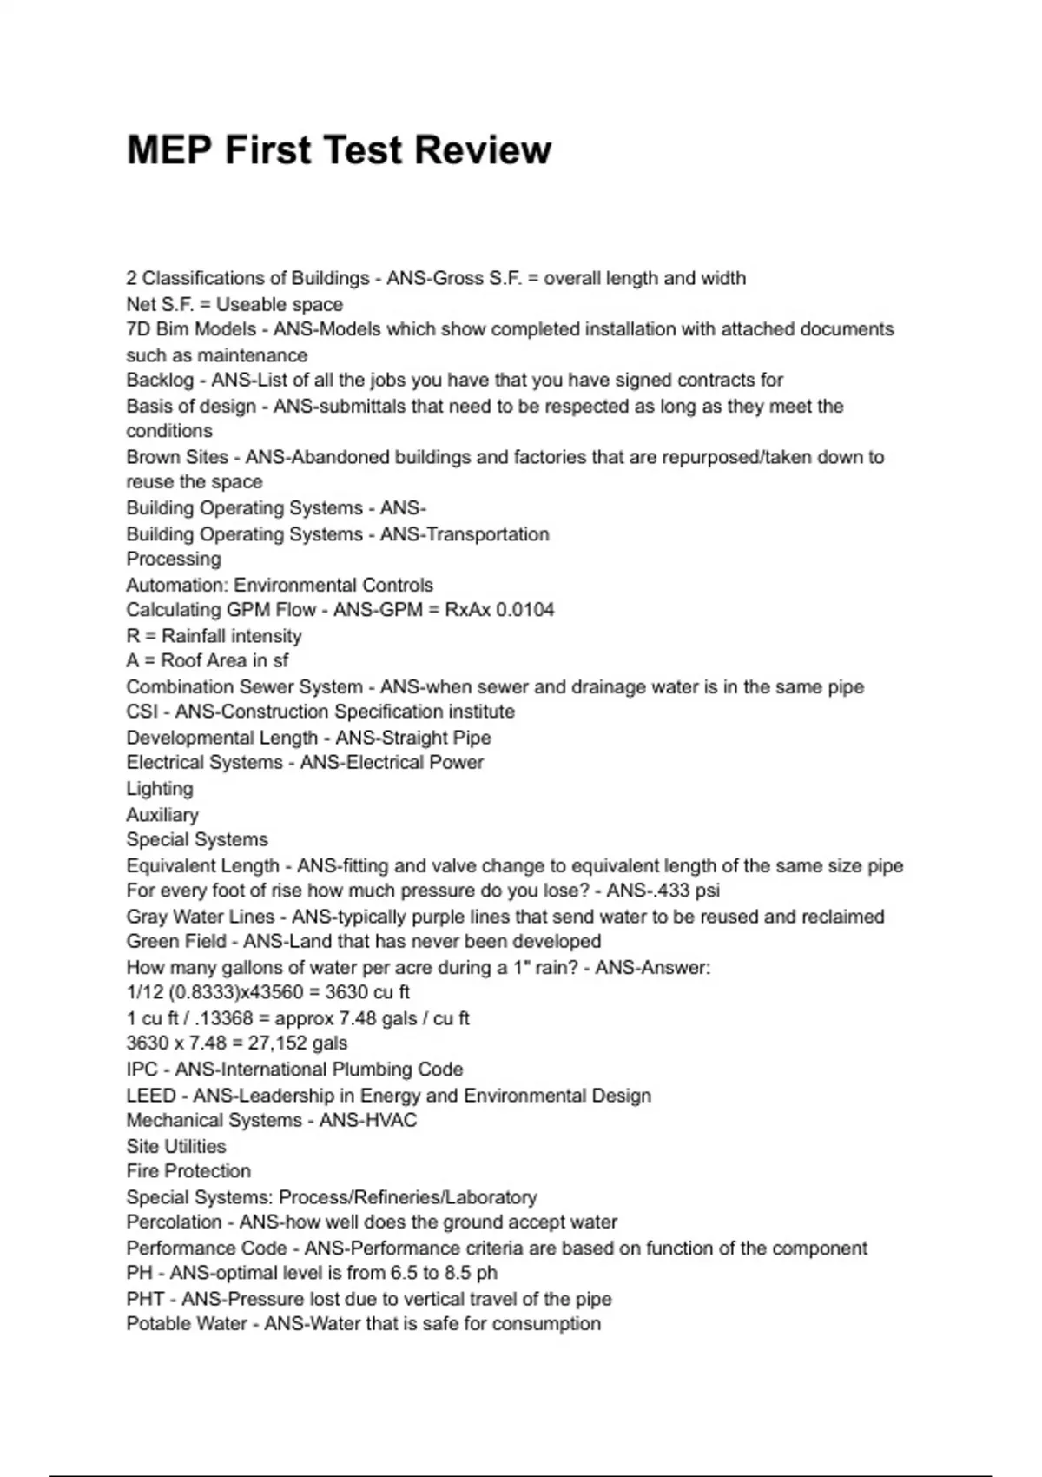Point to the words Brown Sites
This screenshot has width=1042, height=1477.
[177, 457]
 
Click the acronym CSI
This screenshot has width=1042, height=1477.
[142, 712]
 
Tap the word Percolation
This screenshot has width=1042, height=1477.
[174, 1222]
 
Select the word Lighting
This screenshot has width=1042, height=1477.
[160, 789]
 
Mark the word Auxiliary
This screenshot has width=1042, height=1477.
[162, 815]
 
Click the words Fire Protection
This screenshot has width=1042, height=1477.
[188, 1171]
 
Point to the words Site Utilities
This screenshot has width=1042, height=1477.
[176, 1146]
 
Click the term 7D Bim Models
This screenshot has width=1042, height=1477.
[191, 330]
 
